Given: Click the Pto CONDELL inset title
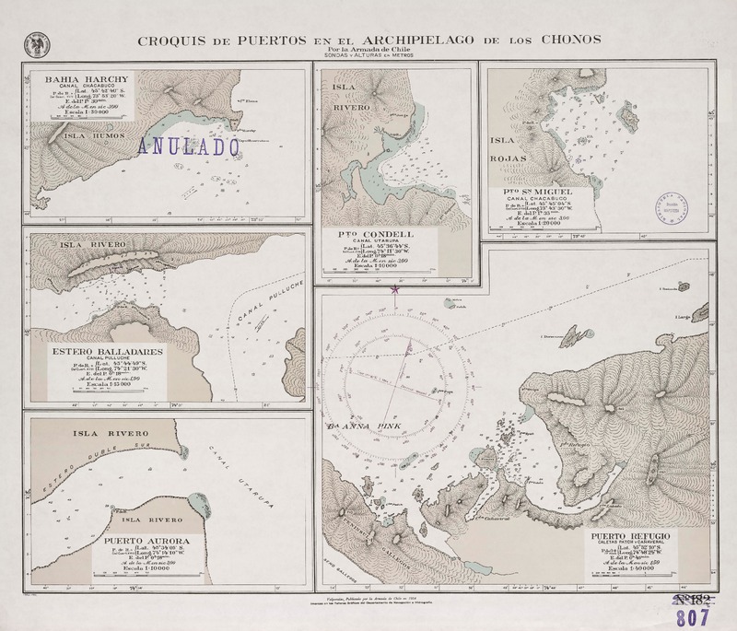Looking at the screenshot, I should pos(380,235).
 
